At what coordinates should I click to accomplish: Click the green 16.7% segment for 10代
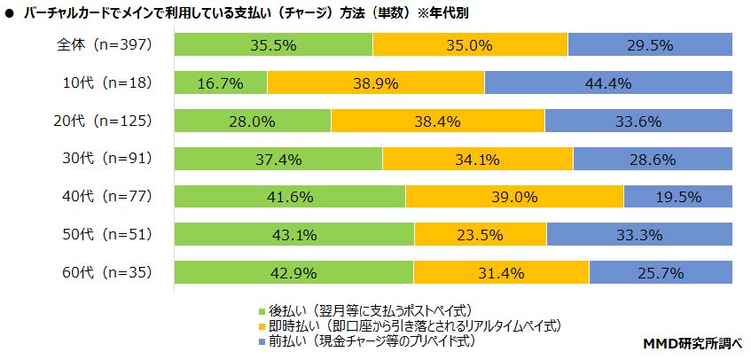coord(221,82)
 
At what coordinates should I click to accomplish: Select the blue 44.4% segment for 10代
coord(608,82)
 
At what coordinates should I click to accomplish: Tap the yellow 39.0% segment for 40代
coord(515,196)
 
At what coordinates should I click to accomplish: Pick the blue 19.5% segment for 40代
coord(678,196)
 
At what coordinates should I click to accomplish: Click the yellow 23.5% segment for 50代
coord(481,235)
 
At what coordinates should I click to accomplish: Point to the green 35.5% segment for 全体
coord(273,44)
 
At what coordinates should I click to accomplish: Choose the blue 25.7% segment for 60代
coord(661,272)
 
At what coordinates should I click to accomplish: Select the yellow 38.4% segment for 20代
coord(438,121)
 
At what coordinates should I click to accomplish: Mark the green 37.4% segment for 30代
coord(278,159)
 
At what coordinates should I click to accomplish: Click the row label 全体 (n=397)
coord(105,44)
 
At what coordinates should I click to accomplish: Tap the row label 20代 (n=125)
coord(103,121)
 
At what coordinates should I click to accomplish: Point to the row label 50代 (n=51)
coord(107,235)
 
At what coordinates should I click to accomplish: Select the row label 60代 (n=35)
coord(107,272)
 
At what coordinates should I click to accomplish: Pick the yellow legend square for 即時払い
coord(262,326)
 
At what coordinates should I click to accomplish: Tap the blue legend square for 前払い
coord(262,341)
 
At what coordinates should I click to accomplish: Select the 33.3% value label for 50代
coord(639,235)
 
